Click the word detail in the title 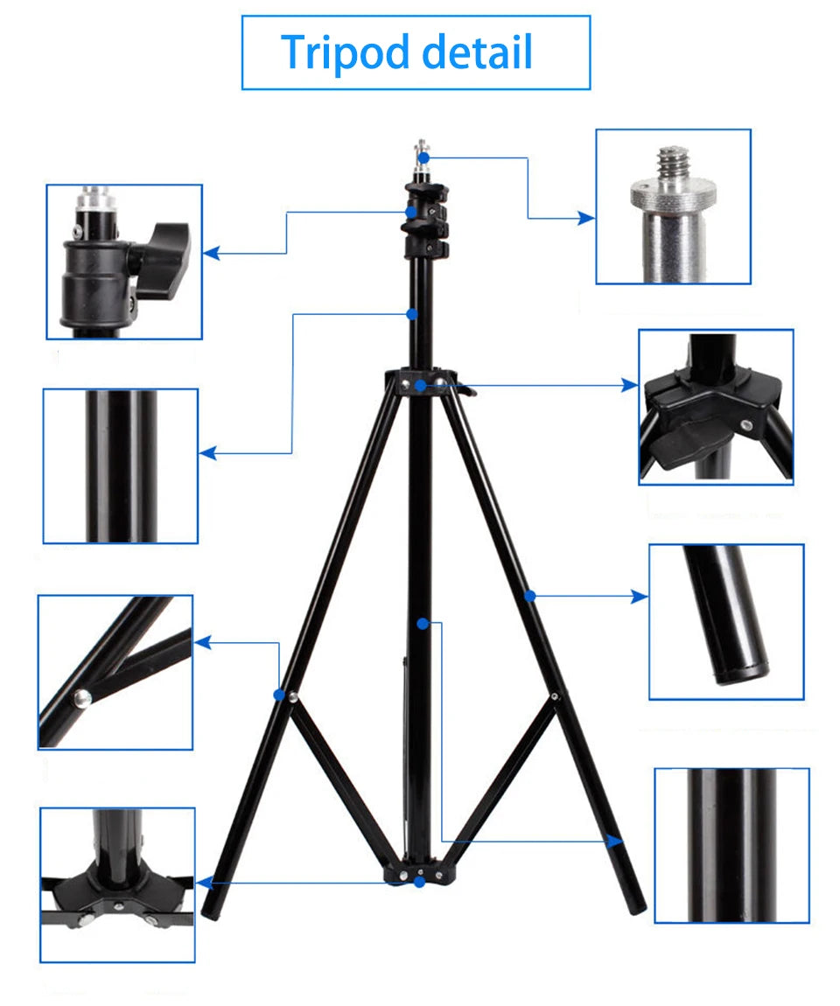pos(477,52)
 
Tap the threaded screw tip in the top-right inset pos(673,163)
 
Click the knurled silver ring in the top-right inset pos(673,193)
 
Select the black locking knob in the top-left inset pos(164,259)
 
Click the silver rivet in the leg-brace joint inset pos(81,697)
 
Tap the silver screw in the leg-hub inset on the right pos(745,425)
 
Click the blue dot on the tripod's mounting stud pos(423,157)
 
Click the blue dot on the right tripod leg pos(529,596)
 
